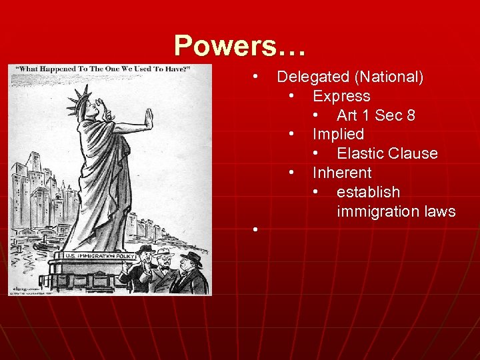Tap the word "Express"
pos(341,96)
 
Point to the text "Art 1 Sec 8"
pos(376,115)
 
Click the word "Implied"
pos(338,134)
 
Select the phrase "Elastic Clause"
pos(387,153)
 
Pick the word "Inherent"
pos(342,173)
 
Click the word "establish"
pos(368,192)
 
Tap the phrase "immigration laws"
pos(396,211)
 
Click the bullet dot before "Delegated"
pos(255,77)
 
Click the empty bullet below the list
pos(255,230)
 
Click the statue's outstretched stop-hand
pos(148,124)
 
